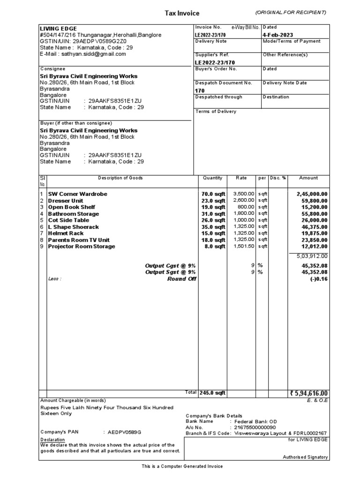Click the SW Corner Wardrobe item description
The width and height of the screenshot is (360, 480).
point(77,194)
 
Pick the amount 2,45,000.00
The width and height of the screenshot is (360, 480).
point(312,194)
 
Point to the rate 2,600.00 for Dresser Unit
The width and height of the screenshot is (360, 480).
point(243,200)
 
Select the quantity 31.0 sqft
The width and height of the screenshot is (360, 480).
point(213,213)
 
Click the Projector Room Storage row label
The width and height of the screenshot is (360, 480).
point(81,246)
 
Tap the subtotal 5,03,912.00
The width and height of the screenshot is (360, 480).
point(312,256)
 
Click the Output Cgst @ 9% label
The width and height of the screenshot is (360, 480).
point(170,265)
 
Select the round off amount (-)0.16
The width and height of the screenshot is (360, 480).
point(319,278)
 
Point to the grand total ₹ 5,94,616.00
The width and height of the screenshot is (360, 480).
point(309,393)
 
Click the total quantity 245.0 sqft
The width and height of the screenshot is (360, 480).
point(212,393)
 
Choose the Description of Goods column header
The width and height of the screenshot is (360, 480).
point(120,178)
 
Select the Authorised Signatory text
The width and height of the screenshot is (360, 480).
point(305,457)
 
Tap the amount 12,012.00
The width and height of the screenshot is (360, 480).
point(312,246)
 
